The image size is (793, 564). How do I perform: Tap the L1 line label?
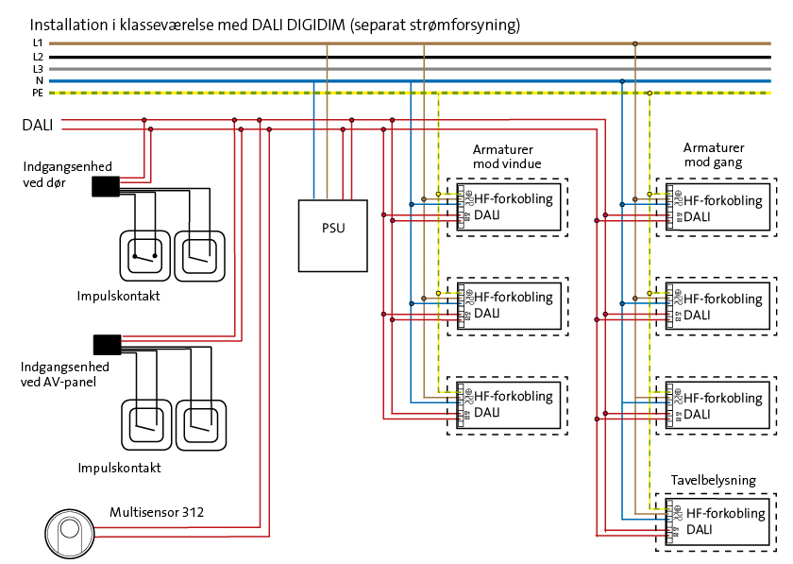pyautogui.click(x=37, y=43)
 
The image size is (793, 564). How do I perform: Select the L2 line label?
pyautogui.click(x=37, y=57)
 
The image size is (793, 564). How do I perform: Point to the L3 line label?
pyautogui.click(x=37, y=69)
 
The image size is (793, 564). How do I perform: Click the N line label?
pyautogui.click(x=39, y=81)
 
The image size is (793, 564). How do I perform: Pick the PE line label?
pyautogui.click(x=37, y=94)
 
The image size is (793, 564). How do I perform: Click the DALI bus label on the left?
pyautogui.click(x=37, y=125)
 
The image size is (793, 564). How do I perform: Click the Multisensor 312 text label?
pyautogui.click(x=157, y=513)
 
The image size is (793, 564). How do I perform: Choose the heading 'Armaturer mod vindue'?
pyautogui.click(x=507, y=157)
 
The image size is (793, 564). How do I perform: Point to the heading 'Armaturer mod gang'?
pyautogui.click(x=714, y=156)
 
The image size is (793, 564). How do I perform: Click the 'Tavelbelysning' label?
pyautogui.click(x=713, y=480)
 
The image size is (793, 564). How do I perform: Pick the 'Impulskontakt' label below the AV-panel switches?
pyautogui.click(x=119, y=468)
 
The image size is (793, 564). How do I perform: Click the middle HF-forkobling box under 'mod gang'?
pyautogui.click(x=719, y=306)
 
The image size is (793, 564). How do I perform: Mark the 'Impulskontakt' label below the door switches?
pyautogui.click(x=119, y=296)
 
